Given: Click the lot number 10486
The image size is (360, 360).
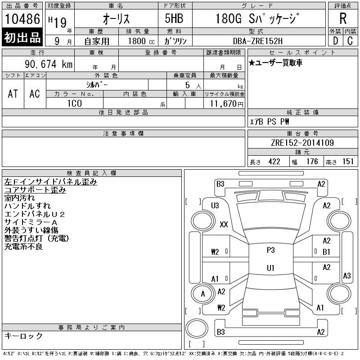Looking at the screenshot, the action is click(22, 19).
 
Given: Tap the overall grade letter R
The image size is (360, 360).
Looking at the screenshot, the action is click(343, 18).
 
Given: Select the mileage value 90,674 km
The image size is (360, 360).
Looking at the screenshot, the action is click(49, 64).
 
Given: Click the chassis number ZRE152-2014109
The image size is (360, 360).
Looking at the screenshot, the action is click(302, 143).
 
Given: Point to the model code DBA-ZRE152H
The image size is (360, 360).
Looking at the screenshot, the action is click(258, 41).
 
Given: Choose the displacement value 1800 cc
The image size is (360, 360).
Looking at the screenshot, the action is click(141, 41).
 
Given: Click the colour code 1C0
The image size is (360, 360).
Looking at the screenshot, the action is click(75, 103).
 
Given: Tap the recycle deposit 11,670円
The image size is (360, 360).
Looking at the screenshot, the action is click(227, 103).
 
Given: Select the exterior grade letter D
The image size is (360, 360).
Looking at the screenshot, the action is click(335, 41).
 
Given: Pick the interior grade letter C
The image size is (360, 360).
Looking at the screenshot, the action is click(350, 41).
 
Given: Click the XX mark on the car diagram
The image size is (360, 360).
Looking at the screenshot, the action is click(224, 224).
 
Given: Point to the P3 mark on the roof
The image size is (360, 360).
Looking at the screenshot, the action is click(271, 250).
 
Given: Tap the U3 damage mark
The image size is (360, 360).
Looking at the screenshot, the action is click(215, 206).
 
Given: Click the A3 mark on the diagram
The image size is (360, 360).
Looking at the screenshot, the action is click(346, 275).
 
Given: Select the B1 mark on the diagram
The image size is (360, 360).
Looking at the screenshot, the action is click(326, 252).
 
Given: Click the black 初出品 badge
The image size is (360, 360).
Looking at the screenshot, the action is click(22, 37).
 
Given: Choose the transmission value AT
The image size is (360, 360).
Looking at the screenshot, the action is click(13, 94).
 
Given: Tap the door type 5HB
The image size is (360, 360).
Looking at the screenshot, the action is click(174, 18).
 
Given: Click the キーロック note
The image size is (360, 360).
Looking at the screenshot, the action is click(23, 336).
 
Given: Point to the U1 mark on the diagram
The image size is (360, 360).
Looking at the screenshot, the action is click(270, 268).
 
